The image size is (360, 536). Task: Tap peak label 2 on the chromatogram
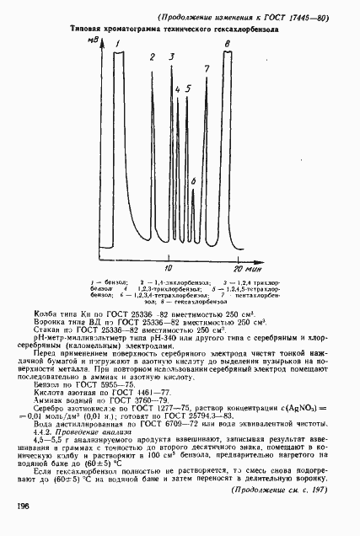click(x=153, y=57)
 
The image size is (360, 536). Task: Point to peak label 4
click(x=178, y=88)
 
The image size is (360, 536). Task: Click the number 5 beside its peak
click(x=188, y=88)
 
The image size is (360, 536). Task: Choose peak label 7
click(x=207, y=67)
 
